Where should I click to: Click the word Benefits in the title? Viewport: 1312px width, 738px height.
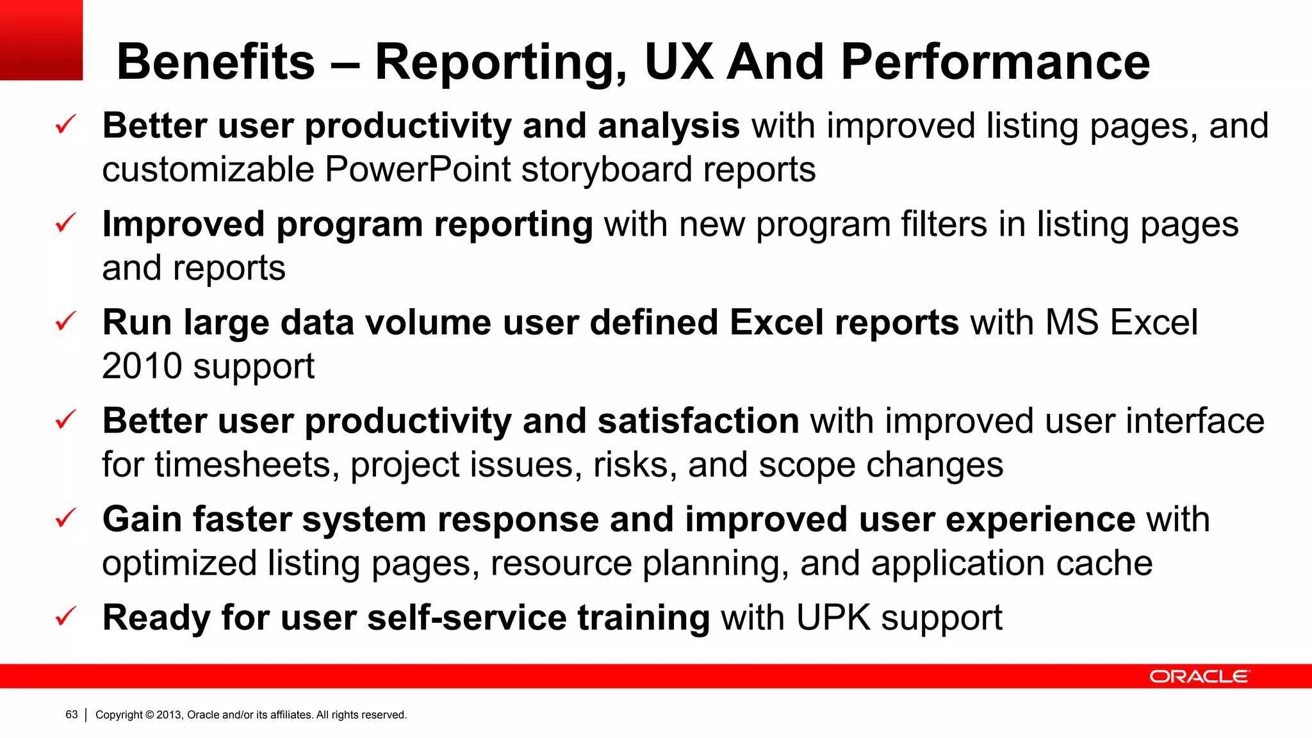tap(216, 62)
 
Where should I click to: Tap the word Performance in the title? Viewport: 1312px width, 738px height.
tap(995, 62)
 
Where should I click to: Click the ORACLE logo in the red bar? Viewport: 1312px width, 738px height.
tap(1199, 676)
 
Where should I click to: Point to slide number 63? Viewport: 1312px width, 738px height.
tap(72, 714)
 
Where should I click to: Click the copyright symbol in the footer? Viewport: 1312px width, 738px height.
tap(150, 715)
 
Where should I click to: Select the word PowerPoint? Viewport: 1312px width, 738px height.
tap(418, 170)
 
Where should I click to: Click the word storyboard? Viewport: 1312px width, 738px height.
tap(606, 170)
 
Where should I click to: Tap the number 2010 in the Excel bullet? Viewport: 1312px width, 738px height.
tap(142, 366)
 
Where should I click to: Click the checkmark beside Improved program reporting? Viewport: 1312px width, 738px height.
tap(66, 224)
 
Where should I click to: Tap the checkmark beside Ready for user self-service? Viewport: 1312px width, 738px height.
tap(66, 617)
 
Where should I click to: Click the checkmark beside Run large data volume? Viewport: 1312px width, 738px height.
tap(66, 322)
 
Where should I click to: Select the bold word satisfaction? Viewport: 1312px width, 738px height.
tap(698, 421)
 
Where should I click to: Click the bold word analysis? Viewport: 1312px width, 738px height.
tap(669, 126)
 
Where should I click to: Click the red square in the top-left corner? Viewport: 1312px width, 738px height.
tap(41, 40)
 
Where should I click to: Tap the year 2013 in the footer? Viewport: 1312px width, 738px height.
tap(169, 715)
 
